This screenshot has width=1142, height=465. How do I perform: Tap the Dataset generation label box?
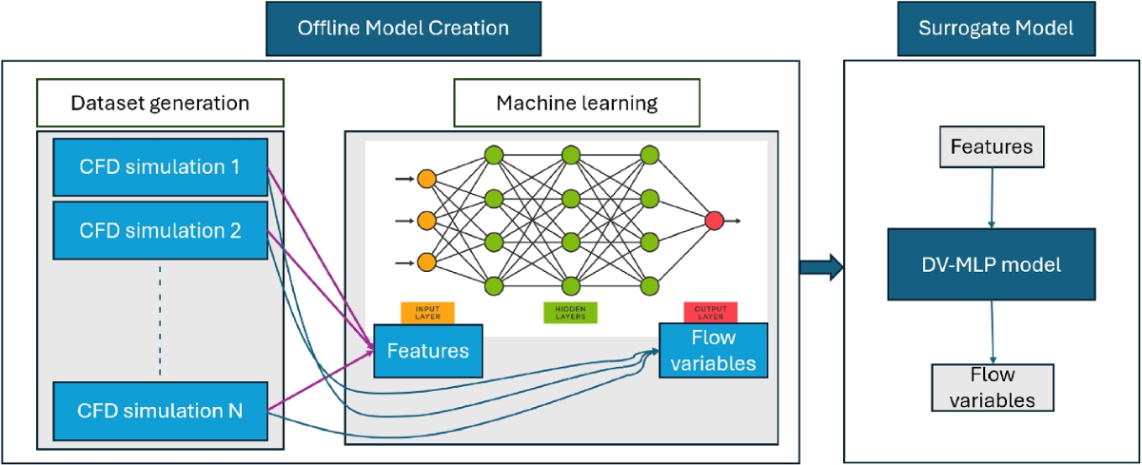pyautogui.click(x=160, y=102)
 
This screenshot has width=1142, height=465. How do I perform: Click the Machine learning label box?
pyautogui.click(x=577, y=102)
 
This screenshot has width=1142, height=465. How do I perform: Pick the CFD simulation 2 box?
pyautogui.click(x=160, y=229)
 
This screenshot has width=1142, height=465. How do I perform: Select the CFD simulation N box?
pyautogui.click(x=160, y=411)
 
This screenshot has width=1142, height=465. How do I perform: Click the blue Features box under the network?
pyautogui.click(x=428, y=350)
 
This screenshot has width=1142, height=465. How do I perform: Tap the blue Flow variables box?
pyautogui.click(x=713, y=350)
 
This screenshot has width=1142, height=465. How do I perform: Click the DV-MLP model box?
pyautogui.click(x=994, y=265)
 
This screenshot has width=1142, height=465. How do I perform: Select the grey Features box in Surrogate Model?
pyautogui.click(x=993, y=147)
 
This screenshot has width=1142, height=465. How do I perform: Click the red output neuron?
pyautogui.click(x=715, y=222)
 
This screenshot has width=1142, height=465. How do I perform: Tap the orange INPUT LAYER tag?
pyautogui.click(x=427, y=312)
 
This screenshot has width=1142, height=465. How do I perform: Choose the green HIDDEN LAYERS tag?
pyautogui.click(x=570, y=312)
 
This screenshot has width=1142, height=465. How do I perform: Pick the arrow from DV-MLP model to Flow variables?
pyautogui.click(x=994, y=333)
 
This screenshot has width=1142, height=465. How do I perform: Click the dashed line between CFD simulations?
pyautogui.click(x=159, y=320)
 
